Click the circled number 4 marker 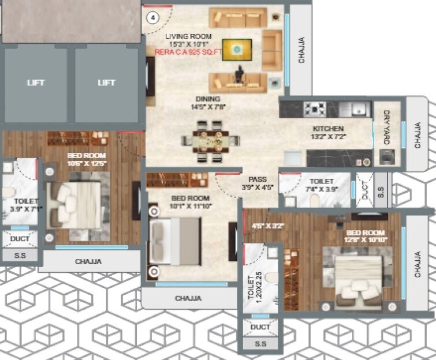tap(152, 18)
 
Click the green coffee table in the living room tap(237, 49)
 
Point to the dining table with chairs tap(210, 140)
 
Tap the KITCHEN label tap(328, 129)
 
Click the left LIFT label tap(36, 82)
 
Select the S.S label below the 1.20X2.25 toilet tap(260, 344)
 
